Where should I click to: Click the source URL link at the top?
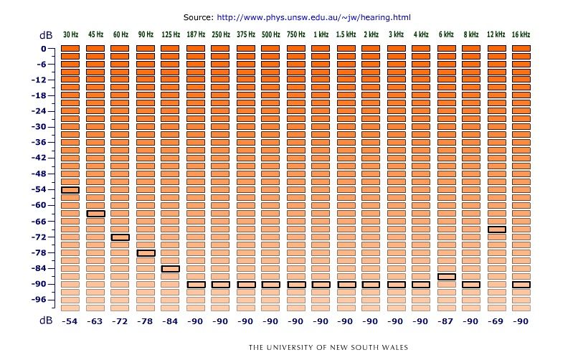point(313,16)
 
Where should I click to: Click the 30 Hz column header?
point(70,34)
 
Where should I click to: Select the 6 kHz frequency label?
point(446,34)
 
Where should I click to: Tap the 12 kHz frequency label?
point(496,34)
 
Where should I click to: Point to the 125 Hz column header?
point(171,34)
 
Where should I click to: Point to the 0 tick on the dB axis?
point(43,49)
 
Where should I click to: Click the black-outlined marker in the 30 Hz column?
point(70,190)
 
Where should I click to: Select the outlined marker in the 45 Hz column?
point(95,214)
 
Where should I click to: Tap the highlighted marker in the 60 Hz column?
point(120,237)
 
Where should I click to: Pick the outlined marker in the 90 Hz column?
point(146,253)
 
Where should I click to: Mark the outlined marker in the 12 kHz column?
point(496,229)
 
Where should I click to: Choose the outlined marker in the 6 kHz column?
point(446,277)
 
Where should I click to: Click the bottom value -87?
point(446,322)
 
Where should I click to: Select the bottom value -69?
point(496,322)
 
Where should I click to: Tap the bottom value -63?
point(95,322)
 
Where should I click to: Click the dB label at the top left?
point(46,35)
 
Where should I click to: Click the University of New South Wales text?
point(328,348)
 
